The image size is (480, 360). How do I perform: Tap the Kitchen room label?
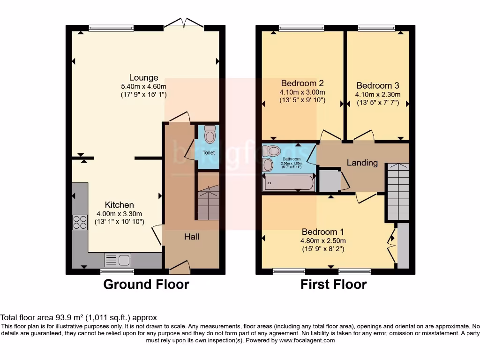coord(119,205)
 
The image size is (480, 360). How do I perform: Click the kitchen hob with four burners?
coord(80,222)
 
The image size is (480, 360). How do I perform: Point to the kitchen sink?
coord(118,260)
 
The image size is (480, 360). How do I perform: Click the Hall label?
coord(191,237)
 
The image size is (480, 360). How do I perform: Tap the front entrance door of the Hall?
coord(180,268)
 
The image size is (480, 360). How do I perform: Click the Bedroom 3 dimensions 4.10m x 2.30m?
coord(377,94)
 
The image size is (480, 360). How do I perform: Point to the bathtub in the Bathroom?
coord(289,183)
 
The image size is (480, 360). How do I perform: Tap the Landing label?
coord(362,163)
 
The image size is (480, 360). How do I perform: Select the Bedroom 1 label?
coord(322,232)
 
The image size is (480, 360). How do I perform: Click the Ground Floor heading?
coord(146,284)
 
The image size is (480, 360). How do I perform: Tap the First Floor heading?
coord(333,284)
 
